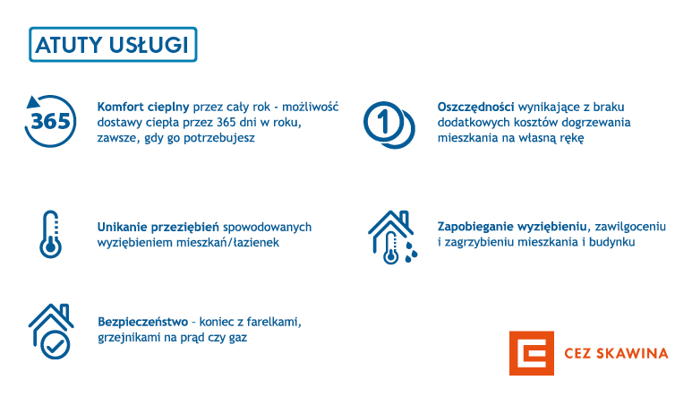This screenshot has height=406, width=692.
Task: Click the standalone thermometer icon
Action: tap(50, 234)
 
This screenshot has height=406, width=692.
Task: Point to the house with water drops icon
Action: tap(392, 237)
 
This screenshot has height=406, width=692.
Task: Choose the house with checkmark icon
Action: tap(51, 331)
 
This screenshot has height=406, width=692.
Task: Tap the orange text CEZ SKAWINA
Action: tap(616, 353)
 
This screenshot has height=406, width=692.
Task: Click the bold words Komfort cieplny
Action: tap(143, 108)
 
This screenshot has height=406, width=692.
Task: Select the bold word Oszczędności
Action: tap(475, 108)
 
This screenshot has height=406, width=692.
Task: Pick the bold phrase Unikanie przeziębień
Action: tap(158, 228)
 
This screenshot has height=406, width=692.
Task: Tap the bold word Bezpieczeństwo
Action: tap(143, 322)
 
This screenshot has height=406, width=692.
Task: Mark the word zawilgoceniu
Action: tap(630, 227)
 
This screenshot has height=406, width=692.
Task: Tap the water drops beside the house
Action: tap(411, 252)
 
